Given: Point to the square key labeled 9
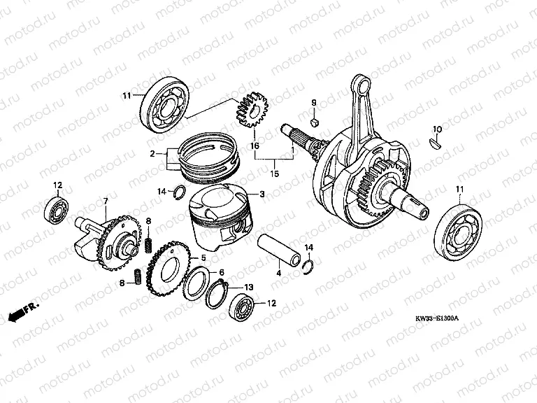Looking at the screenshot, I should click(x=315, y=121).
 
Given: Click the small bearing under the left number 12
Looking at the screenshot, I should click(x=58, y=207).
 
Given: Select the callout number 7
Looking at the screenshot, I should click(x=105, y=201).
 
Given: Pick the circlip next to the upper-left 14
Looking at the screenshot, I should click(x=179, y=192).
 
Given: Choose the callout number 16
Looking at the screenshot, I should click(x=255, y=146).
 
